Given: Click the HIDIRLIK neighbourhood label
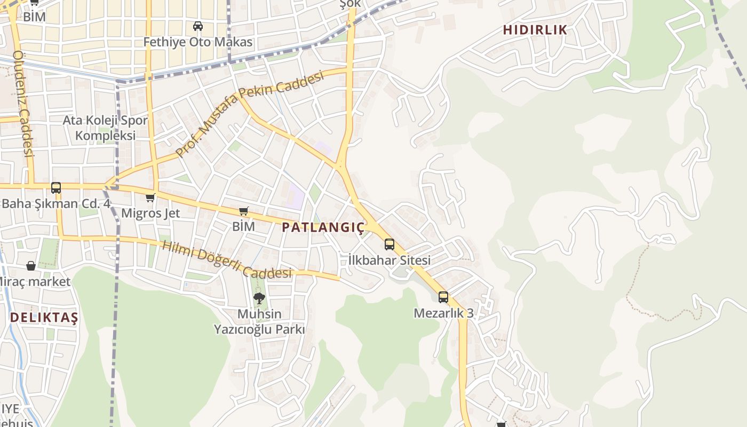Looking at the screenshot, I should point(535,30).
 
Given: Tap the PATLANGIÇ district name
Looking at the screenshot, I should point(323,228).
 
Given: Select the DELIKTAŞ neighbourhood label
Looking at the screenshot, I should point(44,318).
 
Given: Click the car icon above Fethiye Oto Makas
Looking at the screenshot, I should point(198,26).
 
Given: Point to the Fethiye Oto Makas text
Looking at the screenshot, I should point(198,42).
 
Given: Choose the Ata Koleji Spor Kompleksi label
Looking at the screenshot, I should point(105,128).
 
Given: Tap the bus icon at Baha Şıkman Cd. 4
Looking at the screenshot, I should point(56,188).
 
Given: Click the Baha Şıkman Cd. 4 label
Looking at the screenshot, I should point(56,204).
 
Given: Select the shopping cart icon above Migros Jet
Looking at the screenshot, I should point(150,198).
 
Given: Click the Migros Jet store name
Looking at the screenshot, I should point(151,213).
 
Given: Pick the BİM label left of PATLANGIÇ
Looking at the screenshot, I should point(243,226).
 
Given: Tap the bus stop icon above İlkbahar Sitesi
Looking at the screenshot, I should point(390,244).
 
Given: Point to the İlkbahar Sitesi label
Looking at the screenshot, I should point(388,260).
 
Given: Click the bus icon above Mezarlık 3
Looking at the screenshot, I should point(443,297).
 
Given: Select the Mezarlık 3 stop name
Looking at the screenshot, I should point(443,313).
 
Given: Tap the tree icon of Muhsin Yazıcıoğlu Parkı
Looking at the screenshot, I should point(259,298).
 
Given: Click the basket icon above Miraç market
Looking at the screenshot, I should point(31,265).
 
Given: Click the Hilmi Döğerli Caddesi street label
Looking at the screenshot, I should point(227,260).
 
